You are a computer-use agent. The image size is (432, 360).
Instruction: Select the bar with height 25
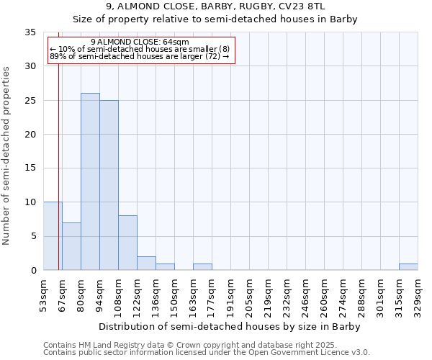109,185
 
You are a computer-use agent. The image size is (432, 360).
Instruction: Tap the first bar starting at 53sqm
53,236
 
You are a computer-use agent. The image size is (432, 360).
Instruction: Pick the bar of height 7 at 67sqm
71,246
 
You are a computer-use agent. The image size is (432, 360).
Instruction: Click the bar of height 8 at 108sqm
127,243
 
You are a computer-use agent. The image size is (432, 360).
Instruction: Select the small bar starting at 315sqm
408,267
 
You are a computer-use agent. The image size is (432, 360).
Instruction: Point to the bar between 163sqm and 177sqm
202,267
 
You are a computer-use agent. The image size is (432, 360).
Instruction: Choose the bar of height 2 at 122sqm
146,264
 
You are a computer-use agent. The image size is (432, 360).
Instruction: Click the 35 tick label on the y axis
30,32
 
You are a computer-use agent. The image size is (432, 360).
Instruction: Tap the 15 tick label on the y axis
30,168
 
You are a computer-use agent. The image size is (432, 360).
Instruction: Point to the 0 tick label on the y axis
33,271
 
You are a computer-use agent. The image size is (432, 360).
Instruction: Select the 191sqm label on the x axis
231,296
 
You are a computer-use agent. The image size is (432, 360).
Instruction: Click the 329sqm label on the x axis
418,296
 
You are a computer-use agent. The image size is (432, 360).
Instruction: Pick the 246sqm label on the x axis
306,296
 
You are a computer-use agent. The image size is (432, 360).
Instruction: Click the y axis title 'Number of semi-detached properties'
7,156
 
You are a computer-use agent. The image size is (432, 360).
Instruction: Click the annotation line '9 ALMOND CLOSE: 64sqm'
140,42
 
